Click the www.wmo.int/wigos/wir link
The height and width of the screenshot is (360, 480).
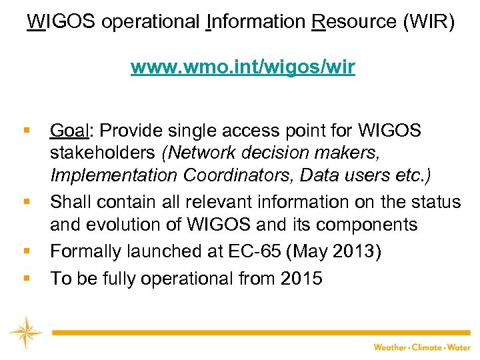[x=243, y=67]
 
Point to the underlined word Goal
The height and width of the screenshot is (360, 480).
[x=70, y=131]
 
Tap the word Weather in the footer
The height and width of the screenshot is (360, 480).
[x=389, y=347]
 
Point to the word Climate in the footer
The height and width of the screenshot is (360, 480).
[x=426, y=347]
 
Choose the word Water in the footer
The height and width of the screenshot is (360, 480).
[x=459, y=347]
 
